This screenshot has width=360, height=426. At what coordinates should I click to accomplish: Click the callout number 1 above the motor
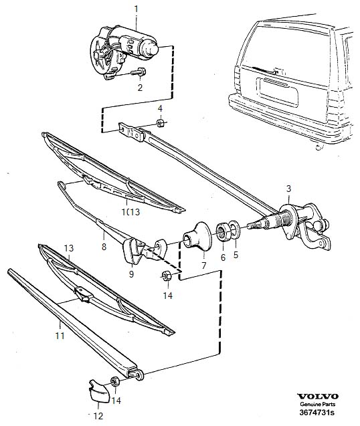click(137, 9)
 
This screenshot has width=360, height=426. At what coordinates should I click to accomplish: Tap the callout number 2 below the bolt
click(140, 88)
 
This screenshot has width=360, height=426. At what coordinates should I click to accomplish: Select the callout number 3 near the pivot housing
click(288, 189)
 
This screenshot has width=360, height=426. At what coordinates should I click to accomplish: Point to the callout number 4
click(160, 108)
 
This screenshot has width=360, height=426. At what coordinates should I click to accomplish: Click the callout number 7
click(203, 265)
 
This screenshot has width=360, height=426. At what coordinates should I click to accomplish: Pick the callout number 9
click(131, 274)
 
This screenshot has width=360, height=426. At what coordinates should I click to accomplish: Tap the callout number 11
click(60, 336)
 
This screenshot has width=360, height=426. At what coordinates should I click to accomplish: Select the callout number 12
click(98, 416)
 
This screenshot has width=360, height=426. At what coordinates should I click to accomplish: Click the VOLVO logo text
click(318, 397)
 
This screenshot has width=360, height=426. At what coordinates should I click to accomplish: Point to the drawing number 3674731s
click(317, 413)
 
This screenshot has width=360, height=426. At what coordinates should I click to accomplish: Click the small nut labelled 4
click(160, 122)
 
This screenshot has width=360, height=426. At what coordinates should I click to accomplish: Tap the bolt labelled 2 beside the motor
click(139, 72)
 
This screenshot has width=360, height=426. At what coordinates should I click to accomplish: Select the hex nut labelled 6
click(223, 233)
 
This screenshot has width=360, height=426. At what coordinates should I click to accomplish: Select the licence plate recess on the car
click(279, 92)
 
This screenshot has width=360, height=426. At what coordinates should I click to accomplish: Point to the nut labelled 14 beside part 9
click(166, 276)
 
